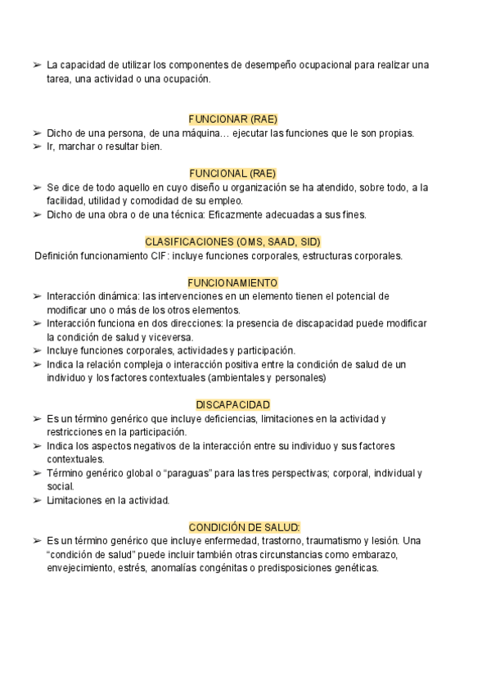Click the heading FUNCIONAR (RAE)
[233, 119]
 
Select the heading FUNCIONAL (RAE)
[233, 173]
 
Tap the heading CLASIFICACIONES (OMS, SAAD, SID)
[233, 241]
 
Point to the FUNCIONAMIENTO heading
[233, 282]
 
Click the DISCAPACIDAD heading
[233, 405]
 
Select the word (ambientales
[236, 378]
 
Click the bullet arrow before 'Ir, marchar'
[37, 146]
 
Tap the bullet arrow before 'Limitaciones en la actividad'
[37, 500]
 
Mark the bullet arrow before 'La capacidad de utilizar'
[37, 65]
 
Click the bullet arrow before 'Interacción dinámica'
[37, 296]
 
